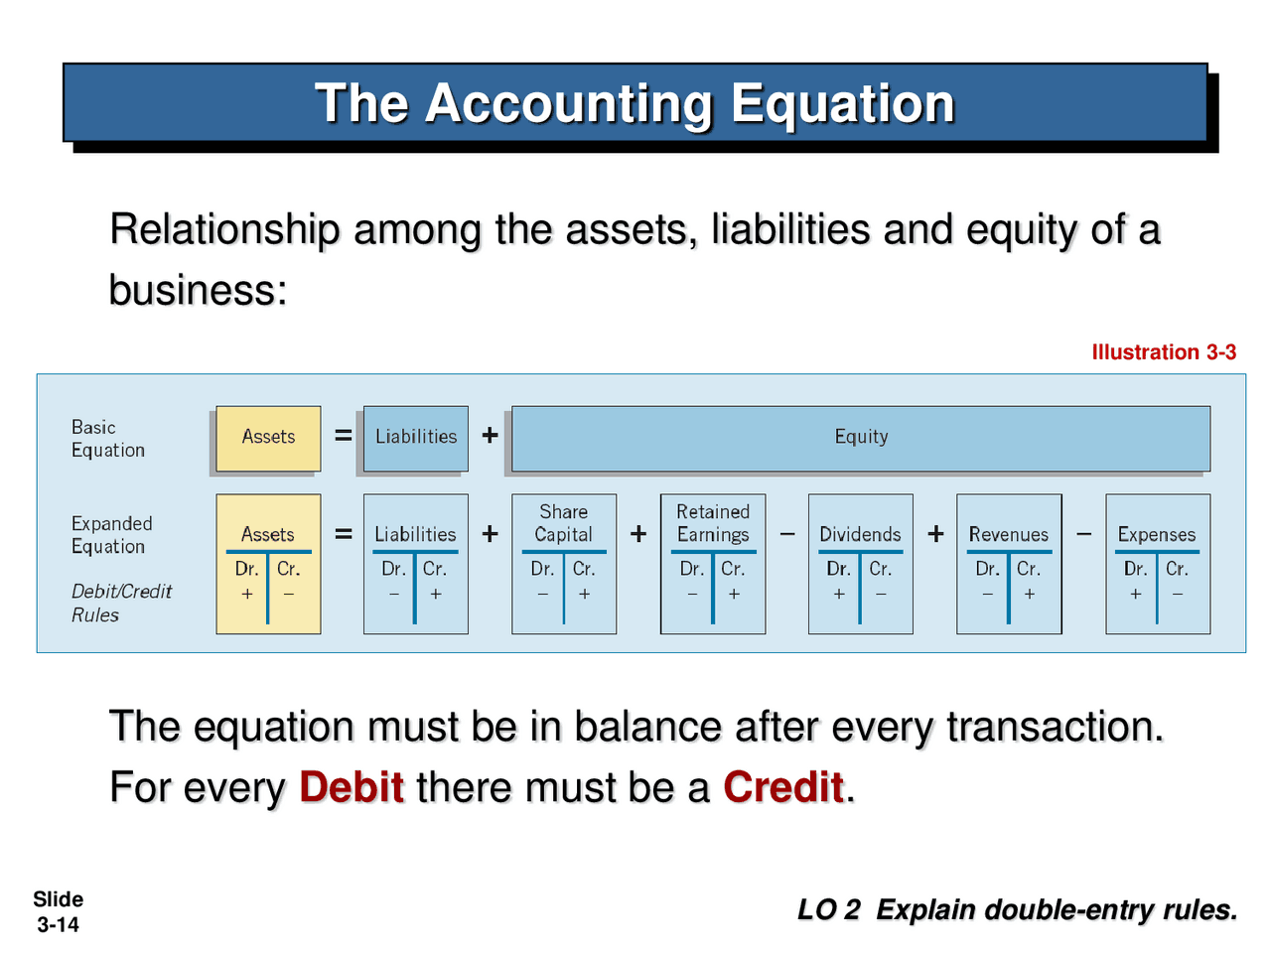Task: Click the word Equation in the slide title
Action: click(x=842, y=103)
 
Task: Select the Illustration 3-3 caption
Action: click(x=1164, y=352)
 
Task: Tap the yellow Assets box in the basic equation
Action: click(x=268, y=437)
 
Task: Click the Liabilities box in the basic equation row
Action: click(x=416, y=437)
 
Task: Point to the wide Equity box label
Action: click(x=861, y=437)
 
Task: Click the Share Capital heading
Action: click(x=563, y=523)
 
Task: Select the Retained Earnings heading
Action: click(x=713, y=523)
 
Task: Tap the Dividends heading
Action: click(x=860, y=534)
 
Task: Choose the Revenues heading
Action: click(x=1009, y=534)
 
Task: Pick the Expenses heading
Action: click(x=1157, y=534)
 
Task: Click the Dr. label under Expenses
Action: click(x=1135, y=569)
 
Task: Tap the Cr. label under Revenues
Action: click(x=1029, y=569)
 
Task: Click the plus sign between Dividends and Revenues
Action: click(x=935, y=534)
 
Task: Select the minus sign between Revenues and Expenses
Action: click(x=1084, y=534)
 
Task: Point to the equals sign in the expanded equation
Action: click(x=344, y=534)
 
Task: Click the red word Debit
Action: click(x=352, y=787)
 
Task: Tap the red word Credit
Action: click(x=783, y=787)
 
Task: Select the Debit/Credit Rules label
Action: click(x=121, y=603)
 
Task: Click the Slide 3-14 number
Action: click(x=58, y=912)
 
